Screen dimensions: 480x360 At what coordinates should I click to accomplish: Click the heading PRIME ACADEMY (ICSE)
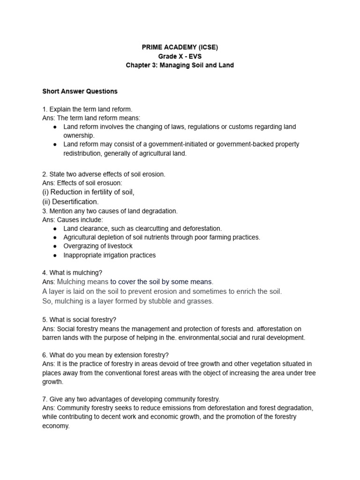pyautogui.click(x=180, y=47)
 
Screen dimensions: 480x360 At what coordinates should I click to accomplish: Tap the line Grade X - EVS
pyautogui.click(x=180, y=56)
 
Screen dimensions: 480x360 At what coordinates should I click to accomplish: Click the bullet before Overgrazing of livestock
pyautogui.click(x=55, y=246)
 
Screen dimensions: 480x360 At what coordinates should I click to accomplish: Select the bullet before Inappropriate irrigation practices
pyautogui.click(x=55, y=255)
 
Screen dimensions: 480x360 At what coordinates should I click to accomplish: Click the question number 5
pyautogui.click(x=44, y=320)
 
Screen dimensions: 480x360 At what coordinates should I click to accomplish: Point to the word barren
pyautogui.click(x=52, y=337)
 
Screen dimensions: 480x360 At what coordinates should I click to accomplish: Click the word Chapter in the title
pyautogui.click(x=139, y=65)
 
